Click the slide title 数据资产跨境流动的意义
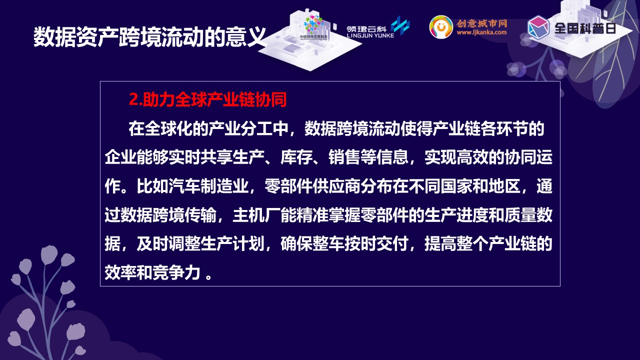tap(149, 37)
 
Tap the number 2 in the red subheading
tap(133, 99)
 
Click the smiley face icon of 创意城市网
tap(441, 27)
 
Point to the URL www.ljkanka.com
tap(481, 32)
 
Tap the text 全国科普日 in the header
tap(585, 28)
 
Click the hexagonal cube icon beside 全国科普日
tap(538, 27)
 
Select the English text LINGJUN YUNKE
tap(370, 35)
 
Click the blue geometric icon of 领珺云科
tap(400, 25)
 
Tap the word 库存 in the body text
tap(296, 157)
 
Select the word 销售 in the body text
tap(344, 157)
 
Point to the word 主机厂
tap(256, 215)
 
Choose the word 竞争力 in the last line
tap(176, 272)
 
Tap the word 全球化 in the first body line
tap(168, 128)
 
